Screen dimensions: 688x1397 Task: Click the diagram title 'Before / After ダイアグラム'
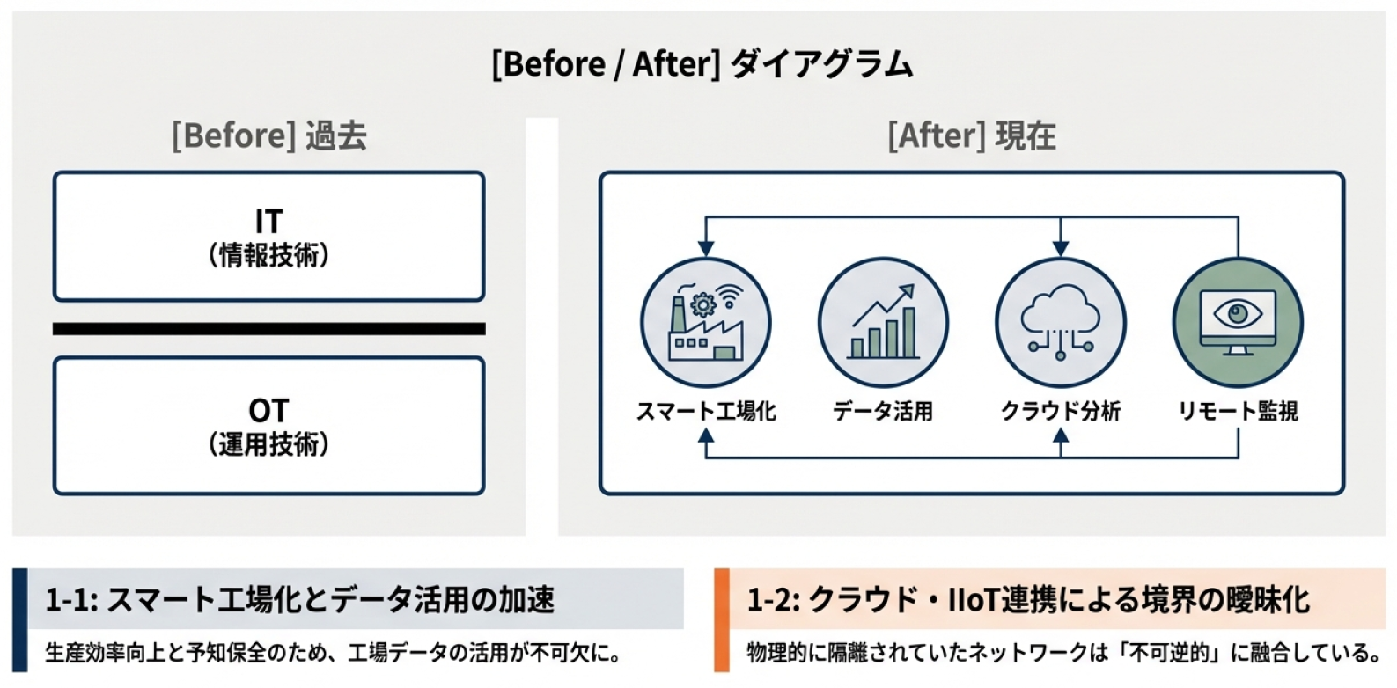point(702,64)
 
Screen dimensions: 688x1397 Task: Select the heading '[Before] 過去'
point(268,136)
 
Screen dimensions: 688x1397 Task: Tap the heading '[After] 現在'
point(971,136)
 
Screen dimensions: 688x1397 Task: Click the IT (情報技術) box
point(268,237)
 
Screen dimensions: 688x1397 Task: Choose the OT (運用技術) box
point(268,426)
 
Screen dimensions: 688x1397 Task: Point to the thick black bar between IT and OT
point(268,329)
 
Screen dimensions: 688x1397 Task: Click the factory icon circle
point(705,323)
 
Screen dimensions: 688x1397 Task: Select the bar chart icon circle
point(883,323)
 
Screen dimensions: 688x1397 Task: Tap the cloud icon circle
point(1060,323)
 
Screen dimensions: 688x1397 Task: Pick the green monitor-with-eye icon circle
point(1238,323)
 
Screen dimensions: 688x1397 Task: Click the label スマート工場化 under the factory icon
point(705,411)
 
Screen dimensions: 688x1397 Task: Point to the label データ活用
point(883,411)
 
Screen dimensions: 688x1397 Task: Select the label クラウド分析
point(1060,411)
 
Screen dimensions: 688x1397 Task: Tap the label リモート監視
point(1238,411)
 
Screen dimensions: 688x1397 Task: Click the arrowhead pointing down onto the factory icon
point(705,249)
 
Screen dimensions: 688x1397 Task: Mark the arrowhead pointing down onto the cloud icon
point(1060,249)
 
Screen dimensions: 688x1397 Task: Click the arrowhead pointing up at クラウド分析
point(1060,435)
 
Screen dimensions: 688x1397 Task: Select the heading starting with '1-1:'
point(300,600)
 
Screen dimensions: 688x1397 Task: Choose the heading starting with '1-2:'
point(1028,600)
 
